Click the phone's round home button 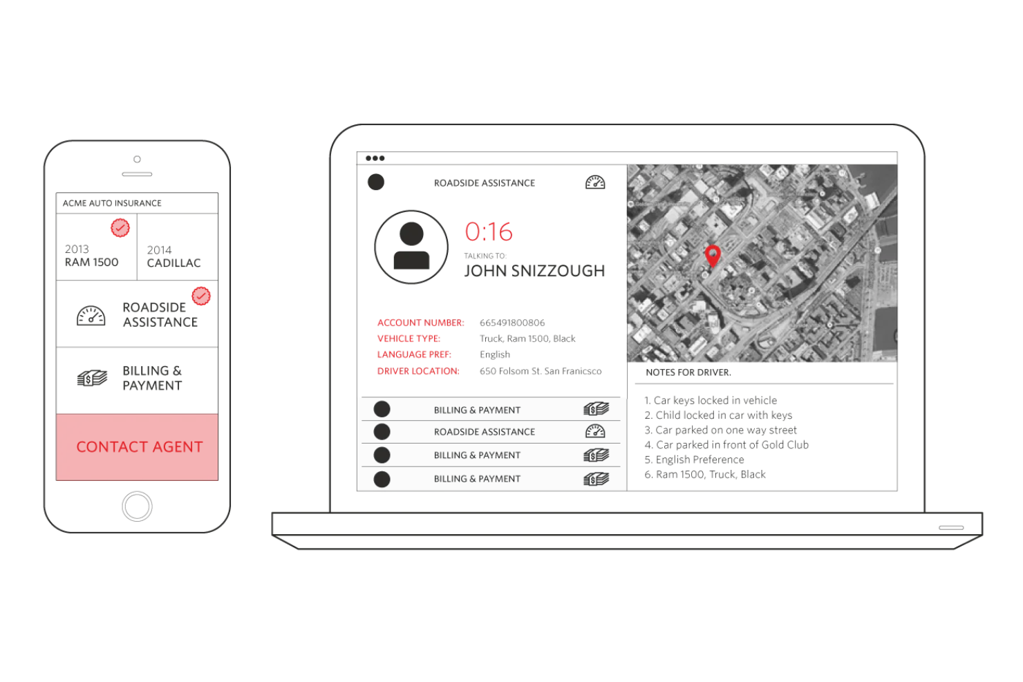click(x=137, y=506)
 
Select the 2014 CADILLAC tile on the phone click(x=177, y=256)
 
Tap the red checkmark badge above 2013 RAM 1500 click(x=120, y=227)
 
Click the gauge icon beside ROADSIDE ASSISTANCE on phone click(x=91, y=315)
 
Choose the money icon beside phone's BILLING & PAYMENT click(x=92, y=378)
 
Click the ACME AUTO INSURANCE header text click(x=112, y=203)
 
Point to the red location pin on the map click(x=713, y=254)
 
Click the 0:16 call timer click(x=489, y=231)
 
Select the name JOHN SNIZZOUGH click(x=534, y=271)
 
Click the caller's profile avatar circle click(x=411, y=247)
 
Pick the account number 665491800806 click(x=512, y=323)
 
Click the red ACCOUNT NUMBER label click(x=420, y=323)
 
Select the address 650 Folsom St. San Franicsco click(x=541, y=371)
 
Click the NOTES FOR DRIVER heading click(x=688, y=372)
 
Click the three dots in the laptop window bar click(x=375, y=158)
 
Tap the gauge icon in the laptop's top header click(x=595, y=182)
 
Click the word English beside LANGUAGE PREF click(x=495, y=354)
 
